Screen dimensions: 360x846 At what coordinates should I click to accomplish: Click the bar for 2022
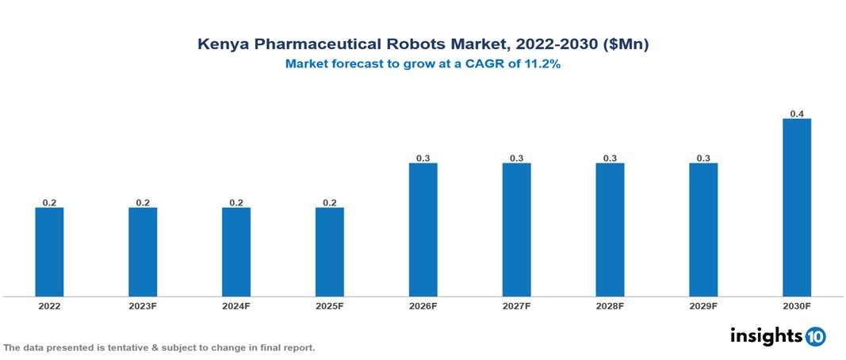[49, 252]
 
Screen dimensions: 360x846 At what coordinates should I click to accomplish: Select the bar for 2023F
[143, 252]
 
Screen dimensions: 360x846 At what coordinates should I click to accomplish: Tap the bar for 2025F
[330, 252]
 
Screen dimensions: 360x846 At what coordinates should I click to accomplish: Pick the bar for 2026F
[423, 230]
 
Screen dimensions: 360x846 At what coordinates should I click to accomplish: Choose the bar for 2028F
[610, 230]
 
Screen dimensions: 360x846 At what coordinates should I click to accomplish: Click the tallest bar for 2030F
[797, 208]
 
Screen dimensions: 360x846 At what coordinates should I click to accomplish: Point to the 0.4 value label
[797, 114]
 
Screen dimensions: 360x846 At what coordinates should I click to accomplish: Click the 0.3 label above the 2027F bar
[516, 159]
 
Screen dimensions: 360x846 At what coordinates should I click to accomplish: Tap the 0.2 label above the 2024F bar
[236, 203]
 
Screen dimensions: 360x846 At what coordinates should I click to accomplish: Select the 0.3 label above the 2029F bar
[703, 159]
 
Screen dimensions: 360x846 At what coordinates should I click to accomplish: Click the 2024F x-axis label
[236, 306]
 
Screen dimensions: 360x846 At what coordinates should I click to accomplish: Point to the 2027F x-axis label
[516, 306]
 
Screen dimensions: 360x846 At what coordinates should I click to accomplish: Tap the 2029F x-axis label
[703, 306]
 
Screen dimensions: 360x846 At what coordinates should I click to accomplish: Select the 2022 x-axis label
[49, 306]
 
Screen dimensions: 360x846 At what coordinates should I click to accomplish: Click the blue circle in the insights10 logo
[815, 336]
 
